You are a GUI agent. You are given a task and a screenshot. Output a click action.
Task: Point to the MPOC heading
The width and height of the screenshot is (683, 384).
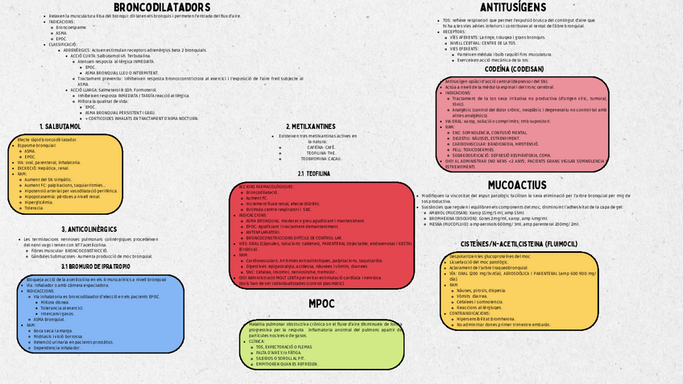click(321, 303)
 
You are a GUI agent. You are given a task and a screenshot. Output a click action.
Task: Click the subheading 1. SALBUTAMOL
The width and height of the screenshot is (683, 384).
click(60, 126)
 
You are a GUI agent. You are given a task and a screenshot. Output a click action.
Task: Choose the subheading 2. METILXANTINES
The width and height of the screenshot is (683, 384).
click(311, 126)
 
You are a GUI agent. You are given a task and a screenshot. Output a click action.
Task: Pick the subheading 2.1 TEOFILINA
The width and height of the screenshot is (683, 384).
click(313, 173)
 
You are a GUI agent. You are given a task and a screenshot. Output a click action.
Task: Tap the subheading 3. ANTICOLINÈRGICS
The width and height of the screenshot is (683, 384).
click(89, 229)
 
